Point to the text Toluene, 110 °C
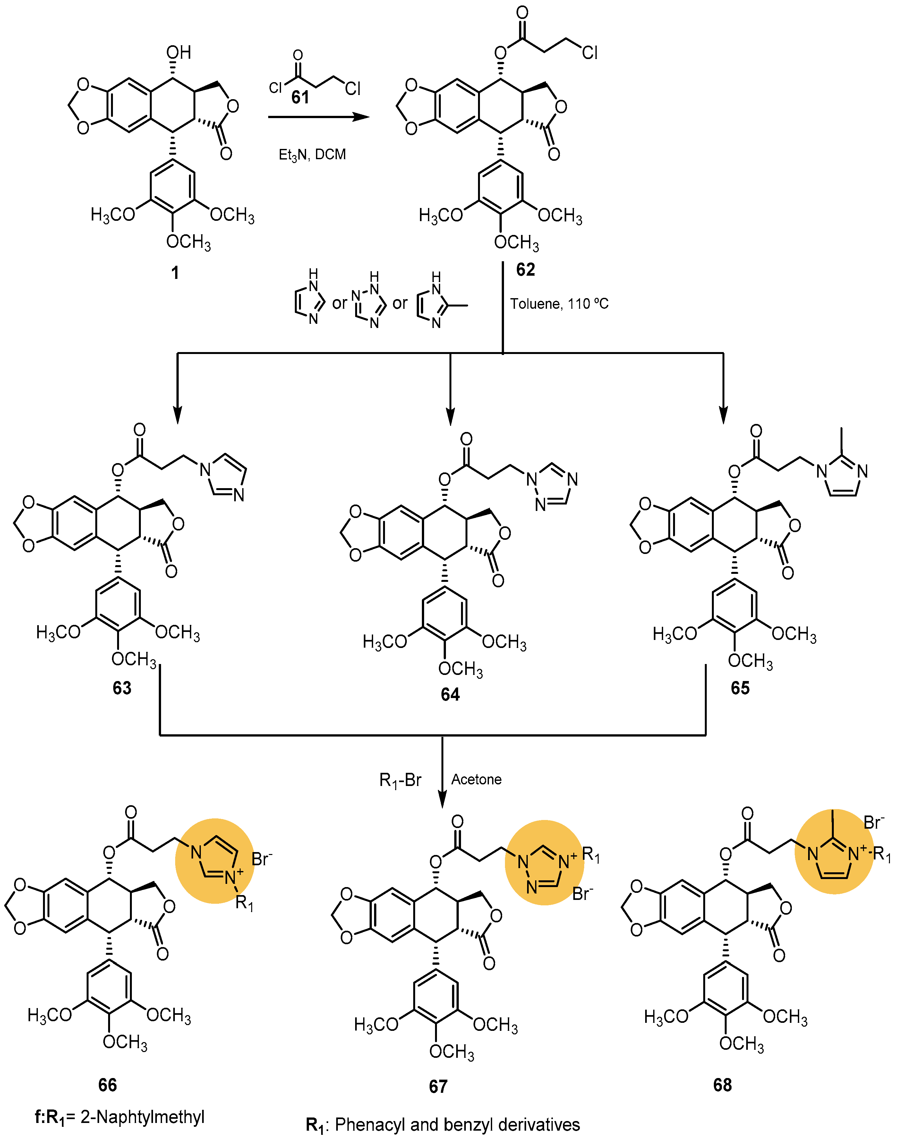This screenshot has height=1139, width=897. click(559, 304)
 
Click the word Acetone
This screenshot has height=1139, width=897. click(476, 779)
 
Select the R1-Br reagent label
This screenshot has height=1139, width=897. click(400, 780)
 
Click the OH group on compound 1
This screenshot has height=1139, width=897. click(179, 53)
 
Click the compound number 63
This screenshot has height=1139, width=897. click(122, 688)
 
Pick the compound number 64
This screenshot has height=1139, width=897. click(450, 695)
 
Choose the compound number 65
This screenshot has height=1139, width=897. click(740, 688)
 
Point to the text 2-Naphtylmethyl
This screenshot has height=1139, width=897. click(142, 1117)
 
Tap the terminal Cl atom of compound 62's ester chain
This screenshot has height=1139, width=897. click(589, 53)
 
